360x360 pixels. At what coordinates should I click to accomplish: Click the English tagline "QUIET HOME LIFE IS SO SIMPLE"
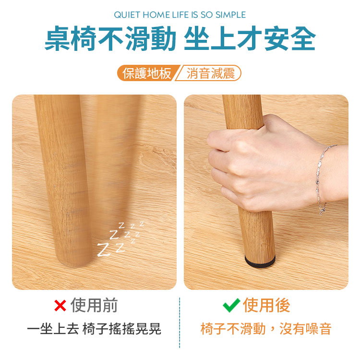point(180,15)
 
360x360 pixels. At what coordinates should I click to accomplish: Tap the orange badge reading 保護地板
point(147,73)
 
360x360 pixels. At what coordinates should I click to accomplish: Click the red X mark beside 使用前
point(60,305)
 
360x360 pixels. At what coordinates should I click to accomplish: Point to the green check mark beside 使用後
point(231,305)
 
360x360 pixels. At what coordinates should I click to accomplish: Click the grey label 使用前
point(94,305)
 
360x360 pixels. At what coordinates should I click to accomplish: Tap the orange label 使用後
point(266,305)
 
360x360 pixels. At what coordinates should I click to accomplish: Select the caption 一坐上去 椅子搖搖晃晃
point(94,329)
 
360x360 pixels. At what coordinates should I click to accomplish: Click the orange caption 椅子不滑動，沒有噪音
point(266,329)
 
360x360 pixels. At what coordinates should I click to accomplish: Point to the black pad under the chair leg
point(260,262)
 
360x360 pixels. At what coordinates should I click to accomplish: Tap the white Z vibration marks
point(120,239)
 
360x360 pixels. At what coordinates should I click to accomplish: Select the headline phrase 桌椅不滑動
point(110,38)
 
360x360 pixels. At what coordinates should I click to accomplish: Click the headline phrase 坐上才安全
point(250,38)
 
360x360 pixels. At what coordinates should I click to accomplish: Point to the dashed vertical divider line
point(180,323)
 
